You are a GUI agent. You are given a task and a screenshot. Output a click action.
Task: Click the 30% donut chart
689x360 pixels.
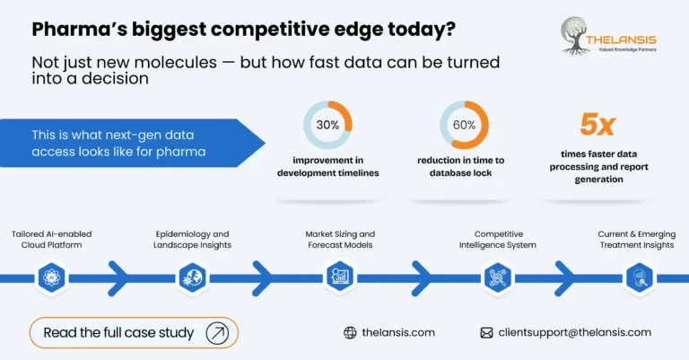click(x=327, y=125)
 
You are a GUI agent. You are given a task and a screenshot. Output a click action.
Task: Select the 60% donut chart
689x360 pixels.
click(x=464, y=125)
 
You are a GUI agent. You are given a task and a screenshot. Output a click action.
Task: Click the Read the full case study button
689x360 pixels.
click(x=133, y=332)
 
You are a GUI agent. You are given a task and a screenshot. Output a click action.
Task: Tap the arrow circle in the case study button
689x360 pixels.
click(x=217, y=332)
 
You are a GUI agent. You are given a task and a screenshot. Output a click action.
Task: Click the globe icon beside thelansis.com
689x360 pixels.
click(x=350, y=332)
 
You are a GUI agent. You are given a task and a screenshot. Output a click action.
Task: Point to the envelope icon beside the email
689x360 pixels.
click(x=486, y=332)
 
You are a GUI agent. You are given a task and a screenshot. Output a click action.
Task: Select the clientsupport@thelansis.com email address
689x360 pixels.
click(x=574, y=332)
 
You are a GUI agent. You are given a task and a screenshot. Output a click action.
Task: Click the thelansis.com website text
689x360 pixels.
click(x=398, y=332)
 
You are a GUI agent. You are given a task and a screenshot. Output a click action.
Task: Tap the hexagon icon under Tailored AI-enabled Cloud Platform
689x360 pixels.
click(x=51, y=277)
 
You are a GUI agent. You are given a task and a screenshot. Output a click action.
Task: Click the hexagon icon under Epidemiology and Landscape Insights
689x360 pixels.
click(x=193, y=277)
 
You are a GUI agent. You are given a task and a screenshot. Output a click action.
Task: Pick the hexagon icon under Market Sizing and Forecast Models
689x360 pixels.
click(x=340, y=277)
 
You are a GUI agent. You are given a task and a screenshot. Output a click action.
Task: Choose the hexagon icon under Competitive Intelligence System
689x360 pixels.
click(x=498, y=277)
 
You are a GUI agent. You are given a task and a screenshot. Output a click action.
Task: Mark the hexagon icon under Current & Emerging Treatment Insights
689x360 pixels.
click(x=637, y=277)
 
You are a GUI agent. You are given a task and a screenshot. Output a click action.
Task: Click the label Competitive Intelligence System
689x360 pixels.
click(x=498, y=239)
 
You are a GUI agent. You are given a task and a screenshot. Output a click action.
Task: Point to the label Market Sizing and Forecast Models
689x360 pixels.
click(x=340, y=239)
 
